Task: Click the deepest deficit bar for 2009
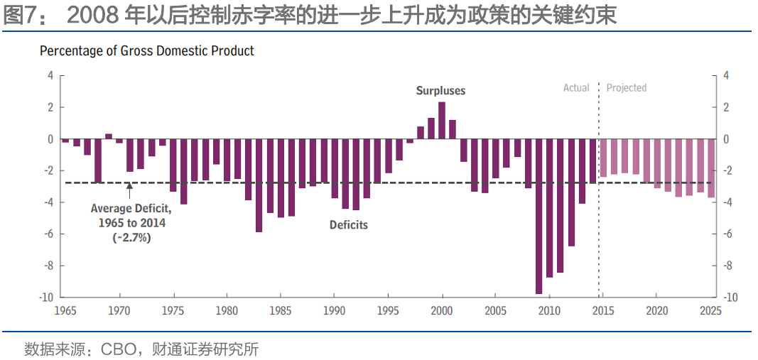tap(538, 217)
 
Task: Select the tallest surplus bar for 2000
tap(442, 121)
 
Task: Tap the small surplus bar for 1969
tap(109, 136)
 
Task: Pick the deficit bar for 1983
tap(259, 185)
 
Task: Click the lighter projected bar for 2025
tap(710, 168)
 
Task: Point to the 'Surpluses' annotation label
tap(440, 91)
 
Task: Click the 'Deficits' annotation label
tap(349, 225)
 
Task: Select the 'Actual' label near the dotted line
tap(576, 88)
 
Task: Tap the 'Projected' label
tap(626, 88)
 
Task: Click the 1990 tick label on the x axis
tap(335, 311)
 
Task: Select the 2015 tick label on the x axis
tap(603, 311)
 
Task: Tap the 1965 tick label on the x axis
tap(66, 311)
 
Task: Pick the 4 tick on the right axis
tap(726, 75)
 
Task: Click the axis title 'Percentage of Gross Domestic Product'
tap(147, 51)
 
